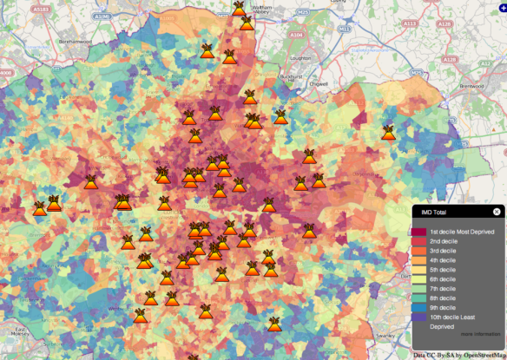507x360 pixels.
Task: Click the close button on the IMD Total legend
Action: pos(497,211)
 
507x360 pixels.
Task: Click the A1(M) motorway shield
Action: pos(102,16)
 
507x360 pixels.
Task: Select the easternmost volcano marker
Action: pos(389,133)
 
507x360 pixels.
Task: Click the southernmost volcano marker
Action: pos(275,324)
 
